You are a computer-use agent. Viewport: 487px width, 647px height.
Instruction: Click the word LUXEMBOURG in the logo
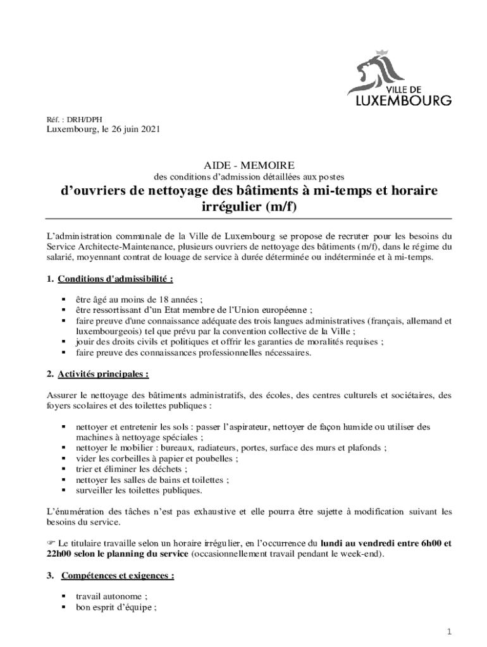[x=400, y=100]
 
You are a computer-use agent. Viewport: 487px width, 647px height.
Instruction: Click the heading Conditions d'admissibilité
[x=115, y=279]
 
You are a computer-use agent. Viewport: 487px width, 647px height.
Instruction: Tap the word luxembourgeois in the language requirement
[x=107, y=331]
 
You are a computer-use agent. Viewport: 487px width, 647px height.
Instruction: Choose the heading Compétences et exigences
[x=117, y=576]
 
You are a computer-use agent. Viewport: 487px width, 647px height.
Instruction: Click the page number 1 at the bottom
[x=448, y=631]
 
